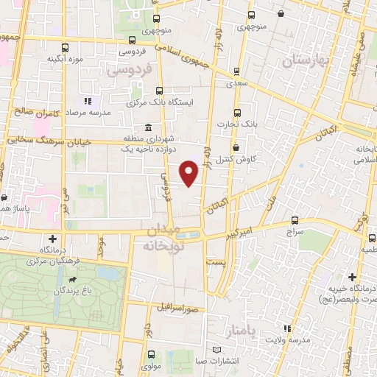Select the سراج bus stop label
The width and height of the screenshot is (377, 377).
[x=295, y=230]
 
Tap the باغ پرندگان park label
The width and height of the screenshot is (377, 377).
[x=73, y=291]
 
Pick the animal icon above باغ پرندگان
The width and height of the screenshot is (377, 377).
[x=73, y=280]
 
